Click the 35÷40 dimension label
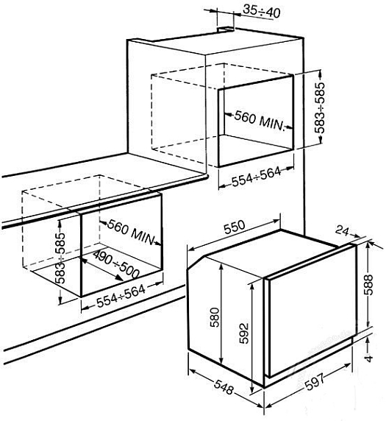(x=262, y=12)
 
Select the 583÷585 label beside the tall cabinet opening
(x=320, y=108)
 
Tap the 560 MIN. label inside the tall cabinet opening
(x=259, y=121)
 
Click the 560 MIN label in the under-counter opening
(x=132, y=233)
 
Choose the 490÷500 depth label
(x=116, y=264)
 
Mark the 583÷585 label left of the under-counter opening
(x=60, y=258)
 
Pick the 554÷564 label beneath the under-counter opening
(x=121, y=296)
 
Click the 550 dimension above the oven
(x=235, y=227)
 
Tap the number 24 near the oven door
(x=342, y=230)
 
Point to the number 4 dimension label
(x=369, y=358)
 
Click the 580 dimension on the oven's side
(x=215, y=317)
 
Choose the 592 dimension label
(x=244, y=333)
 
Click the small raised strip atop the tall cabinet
(x=226, y=29)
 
